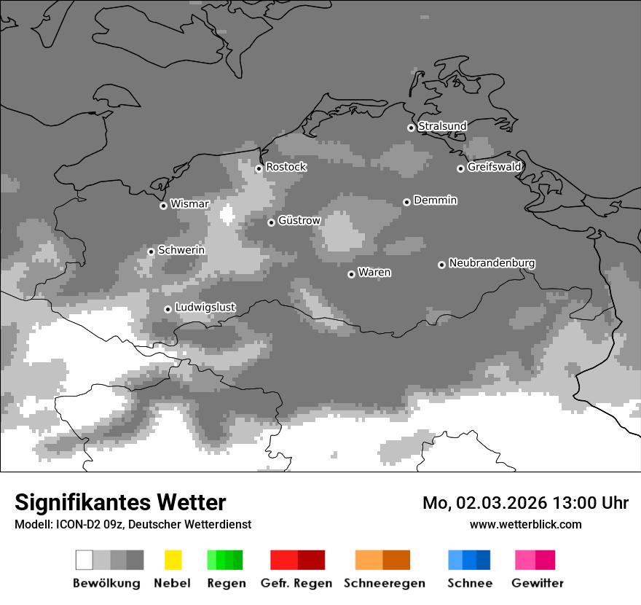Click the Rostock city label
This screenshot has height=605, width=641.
point(286,167)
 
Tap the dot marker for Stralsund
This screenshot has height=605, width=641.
point(411,128)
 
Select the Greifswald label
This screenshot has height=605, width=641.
point(494,167)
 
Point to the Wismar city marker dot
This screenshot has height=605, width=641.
point(163,206)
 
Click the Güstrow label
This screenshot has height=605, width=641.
point(299,220)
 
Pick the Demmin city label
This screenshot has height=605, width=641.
point(435,200)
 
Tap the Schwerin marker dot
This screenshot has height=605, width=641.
point(151,251)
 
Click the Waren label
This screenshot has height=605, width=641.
point(374,273)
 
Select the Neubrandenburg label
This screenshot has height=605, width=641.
point(492,263)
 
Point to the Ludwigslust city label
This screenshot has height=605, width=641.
point(205,308)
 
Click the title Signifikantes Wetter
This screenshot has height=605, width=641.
point(120,502)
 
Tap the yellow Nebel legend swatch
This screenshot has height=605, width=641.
point(173,560)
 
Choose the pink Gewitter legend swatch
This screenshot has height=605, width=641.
point(535,560)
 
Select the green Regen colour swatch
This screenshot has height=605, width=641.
point(225,560)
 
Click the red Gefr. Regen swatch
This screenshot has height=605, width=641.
point(297,560)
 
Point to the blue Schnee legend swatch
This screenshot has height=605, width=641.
point(469,560)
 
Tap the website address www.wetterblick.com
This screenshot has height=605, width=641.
point(525,524)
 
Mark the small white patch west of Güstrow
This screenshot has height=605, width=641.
point(227,214)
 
